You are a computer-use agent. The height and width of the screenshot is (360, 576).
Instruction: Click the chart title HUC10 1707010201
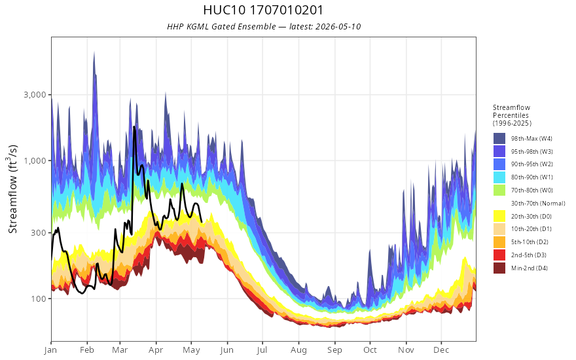coord(263,10)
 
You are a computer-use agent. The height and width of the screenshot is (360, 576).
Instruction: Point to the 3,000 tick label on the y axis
coord(35,95)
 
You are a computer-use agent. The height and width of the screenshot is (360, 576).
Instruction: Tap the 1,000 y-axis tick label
coord(35,161)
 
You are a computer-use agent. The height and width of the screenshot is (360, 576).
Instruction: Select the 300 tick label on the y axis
coord(39,232)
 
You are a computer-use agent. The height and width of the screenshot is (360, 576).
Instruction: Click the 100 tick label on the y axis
coord(39,298)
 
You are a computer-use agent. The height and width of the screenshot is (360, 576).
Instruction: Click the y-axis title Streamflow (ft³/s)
coord(12,189)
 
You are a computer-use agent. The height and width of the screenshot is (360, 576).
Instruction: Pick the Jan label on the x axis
coord(50,350)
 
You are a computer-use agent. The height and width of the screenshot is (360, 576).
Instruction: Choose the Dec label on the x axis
coord(441,350)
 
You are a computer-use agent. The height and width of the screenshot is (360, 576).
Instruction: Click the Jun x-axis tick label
coord(227,350)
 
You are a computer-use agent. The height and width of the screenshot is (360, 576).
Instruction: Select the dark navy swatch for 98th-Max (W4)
coord(499,139)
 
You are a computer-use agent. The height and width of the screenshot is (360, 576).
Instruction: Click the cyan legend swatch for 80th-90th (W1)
coord(499,177)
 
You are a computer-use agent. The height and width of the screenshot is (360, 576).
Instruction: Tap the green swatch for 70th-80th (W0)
coord(499,190)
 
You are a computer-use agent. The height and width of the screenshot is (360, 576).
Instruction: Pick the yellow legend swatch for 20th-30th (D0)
coord(499,217)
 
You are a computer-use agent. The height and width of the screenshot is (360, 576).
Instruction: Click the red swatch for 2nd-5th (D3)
coord(499,255)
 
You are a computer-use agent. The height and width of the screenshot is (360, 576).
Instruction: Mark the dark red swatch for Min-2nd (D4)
coord(499,268)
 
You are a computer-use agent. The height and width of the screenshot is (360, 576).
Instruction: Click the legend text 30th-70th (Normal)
coord(538,204)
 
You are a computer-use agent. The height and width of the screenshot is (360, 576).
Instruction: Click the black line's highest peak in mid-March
coord(134,127)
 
